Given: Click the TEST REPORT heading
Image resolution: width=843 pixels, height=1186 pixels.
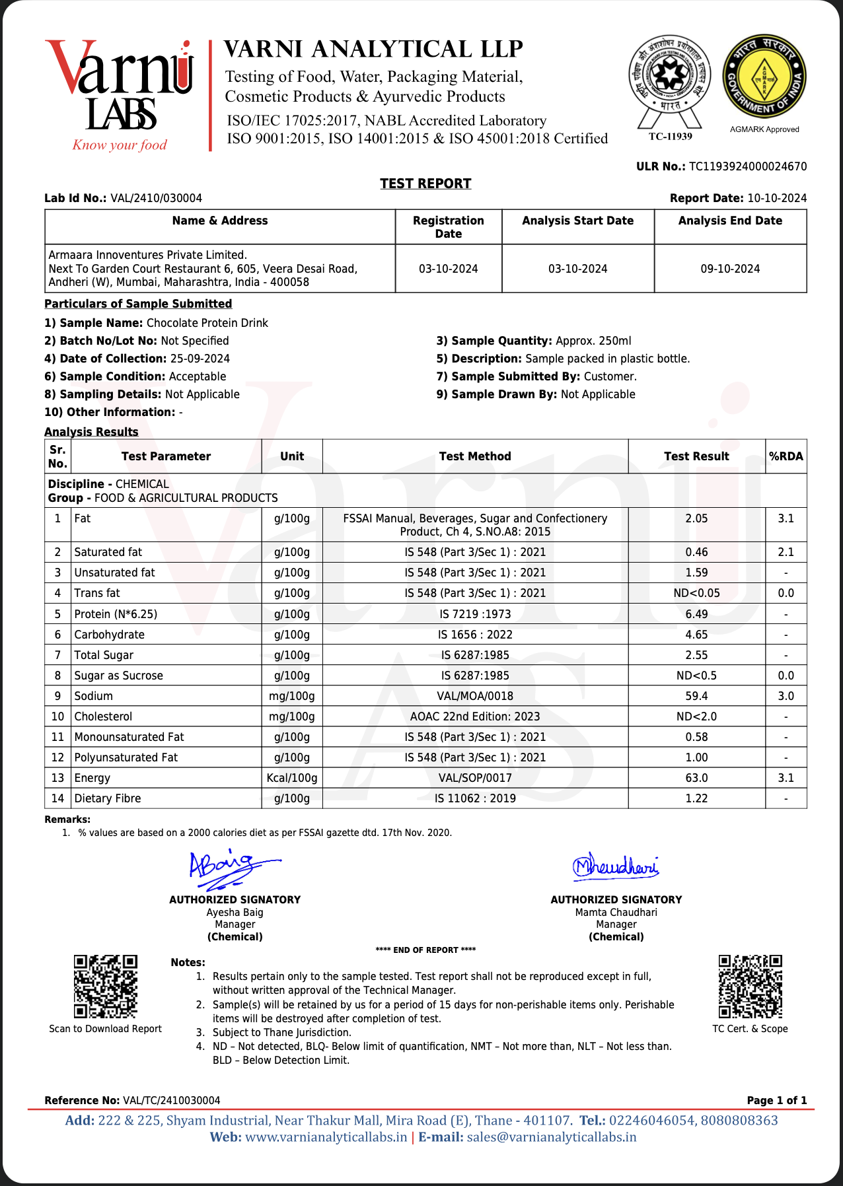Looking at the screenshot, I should (x=425, y=184).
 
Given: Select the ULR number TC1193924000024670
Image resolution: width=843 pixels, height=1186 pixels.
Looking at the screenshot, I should (x=748, y=166).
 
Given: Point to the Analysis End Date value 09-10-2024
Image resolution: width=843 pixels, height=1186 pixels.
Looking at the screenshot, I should (x=730, y=269).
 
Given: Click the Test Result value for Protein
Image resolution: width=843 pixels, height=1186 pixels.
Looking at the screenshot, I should (x=696, y=614).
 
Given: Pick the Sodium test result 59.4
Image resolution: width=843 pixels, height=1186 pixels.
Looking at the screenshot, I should (x=696, y=696).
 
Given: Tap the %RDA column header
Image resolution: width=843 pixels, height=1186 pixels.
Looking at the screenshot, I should (x=786, y=456).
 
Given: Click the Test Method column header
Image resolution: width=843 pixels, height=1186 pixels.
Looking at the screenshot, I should (x=475, y=456).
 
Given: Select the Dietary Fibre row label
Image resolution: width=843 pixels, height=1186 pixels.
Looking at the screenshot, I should (x=108, y=798).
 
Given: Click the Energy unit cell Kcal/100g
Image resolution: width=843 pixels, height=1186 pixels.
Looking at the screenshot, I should (x=292, y=778).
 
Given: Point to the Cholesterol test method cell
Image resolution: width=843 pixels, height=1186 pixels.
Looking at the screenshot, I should (x=475, y=716).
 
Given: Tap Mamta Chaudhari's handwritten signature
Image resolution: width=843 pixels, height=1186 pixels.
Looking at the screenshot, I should (x=615, y=866).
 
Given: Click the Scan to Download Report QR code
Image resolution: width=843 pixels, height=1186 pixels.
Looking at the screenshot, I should (x=105, y=986).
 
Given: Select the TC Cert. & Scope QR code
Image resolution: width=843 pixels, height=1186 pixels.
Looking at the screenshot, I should (x=750, y=986).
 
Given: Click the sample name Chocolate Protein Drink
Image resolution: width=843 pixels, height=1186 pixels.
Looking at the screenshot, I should (x=207, y=323).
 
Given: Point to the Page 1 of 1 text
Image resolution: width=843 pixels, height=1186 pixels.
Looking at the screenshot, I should (x=776, y=1100).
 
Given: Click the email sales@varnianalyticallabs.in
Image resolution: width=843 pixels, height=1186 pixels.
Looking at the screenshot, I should (x=551, y=1137).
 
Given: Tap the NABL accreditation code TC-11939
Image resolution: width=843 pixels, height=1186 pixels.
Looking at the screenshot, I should (x=670, y=137).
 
